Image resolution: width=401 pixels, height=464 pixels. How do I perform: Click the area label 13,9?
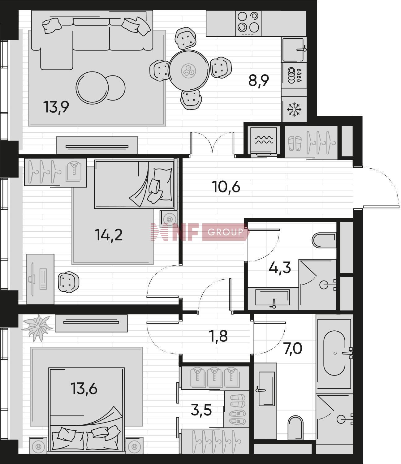point(56,107)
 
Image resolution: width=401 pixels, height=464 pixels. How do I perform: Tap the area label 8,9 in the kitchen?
point(259,81)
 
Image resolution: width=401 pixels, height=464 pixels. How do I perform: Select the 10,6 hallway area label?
point(226,187)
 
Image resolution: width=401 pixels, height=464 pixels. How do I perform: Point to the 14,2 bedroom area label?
point(109,235)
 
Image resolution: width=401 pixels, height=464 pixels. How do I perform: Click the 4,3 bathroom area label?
point(280,268)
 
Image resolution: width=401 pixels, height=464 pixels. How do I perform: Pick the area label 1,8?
point(218,336)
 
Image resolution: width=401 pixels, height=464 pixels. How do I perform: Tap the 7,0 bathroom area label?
point(293,349)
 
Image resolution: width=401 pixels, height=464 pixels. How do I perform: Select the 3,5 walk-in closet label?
point(201,410)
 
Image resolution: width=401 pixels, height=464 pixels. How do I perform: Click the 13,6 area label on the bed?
point(84,389)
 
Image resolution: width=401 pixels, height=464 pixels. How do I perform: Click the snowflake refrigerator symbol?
point(294,110)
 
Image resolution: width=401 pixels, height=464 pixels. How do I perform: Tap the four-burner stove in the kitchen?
point(248,23)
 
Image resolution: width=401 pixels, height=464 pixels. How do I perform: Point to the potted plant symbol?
point(37,328)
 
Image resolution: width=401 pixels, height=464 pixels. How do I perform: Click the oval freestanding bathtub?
point(334,353)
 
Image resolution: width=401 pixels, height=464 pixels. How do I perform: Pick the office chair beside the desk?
point(68,282)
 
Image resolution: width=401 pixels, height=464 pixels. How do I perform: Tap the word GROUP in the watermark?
point(225,232)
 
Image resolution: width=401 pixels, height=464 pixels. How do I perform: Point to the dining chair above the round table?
point(185,38)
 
